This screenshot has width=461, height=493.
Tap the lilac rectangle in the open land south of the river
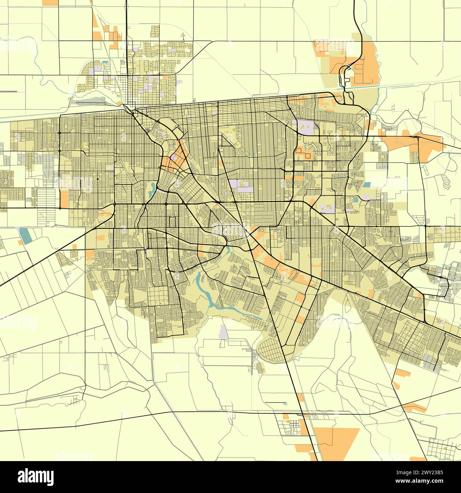coord(223,331)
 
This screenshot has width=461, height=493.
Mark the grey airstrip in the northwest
coord(90,103)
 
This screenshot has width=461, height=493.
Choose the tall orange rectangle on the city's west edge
coord(64,199)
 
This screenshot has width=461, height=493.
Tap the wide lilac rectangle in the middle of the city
coord(241,185)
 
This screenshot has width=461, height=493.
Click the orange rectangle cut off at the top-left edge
coord(50,2)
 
